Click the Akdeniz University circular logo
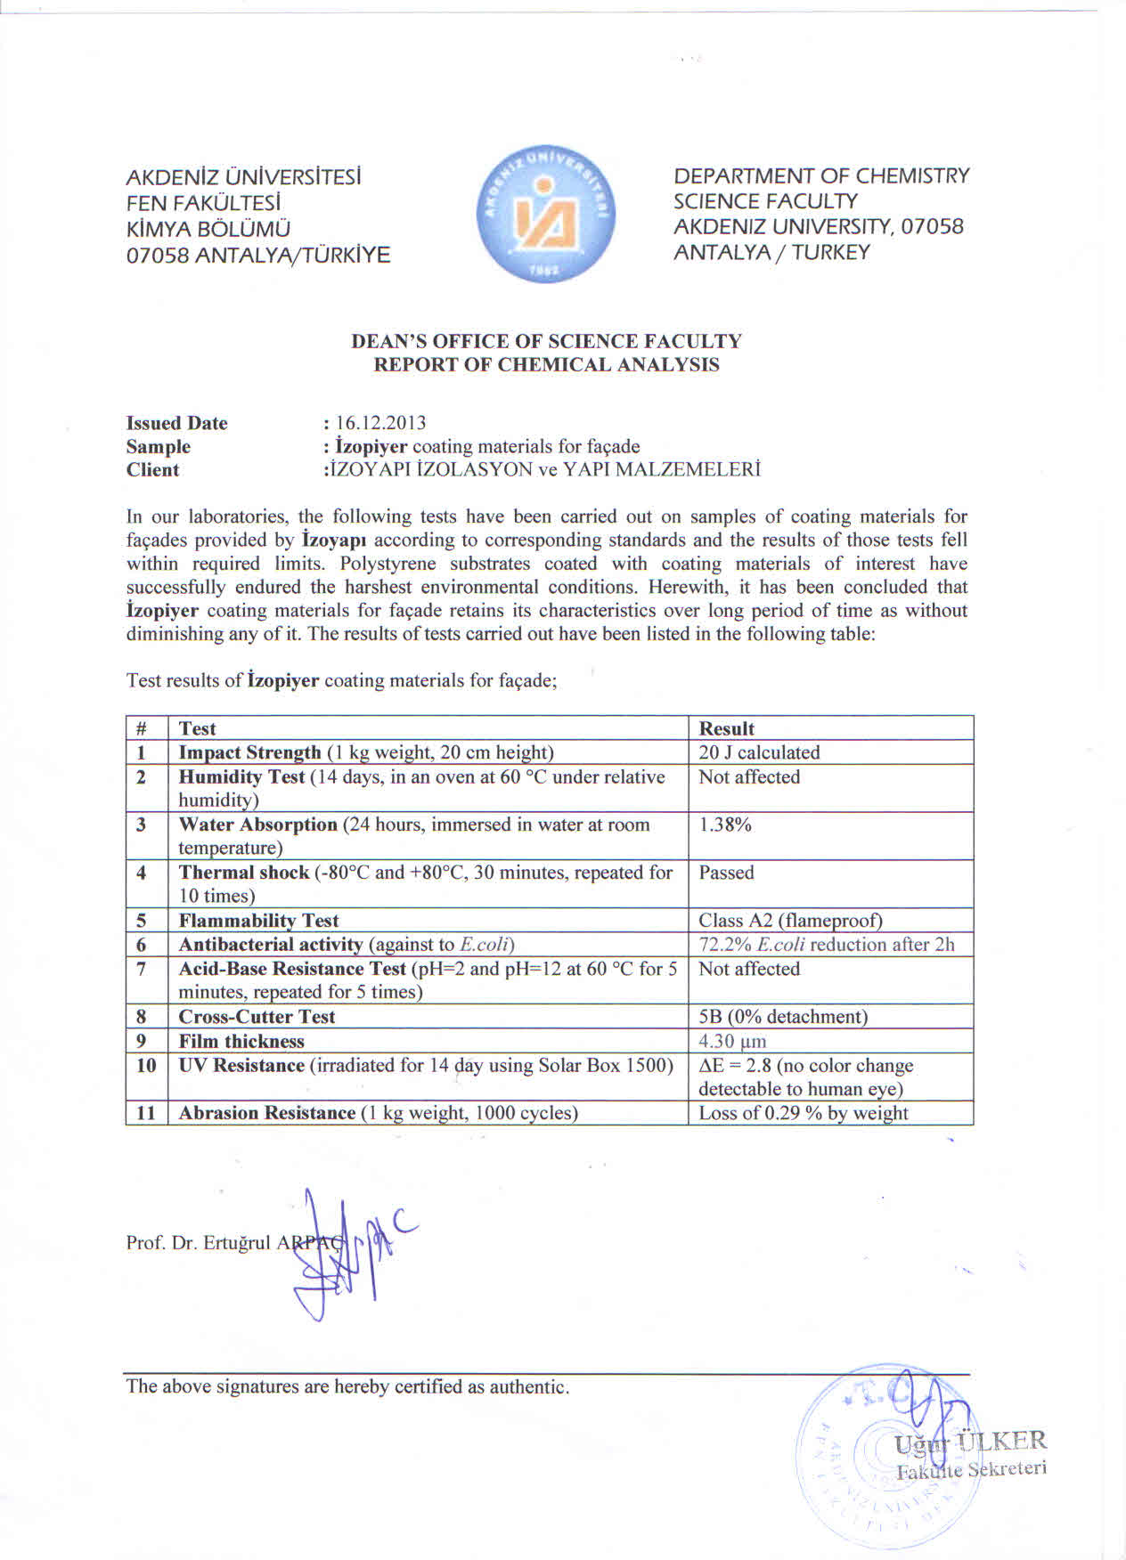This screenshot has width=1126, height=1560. (x=546, y=215)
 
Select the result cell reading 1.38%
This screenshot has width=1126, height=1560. (x=725, y=825)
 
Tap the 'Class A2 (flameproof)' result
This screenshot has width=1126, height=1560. (x=790, y=921)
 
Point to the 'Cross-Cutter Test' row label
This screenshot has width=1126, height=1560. (x=257, y=1017)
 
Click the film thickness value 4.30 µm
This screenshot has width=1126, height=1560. (x=732, y=1041)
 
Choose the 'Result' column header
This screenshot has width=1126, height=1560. (x=726, y=728)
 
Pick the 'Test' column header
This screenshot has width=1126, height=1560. (x=197, y=728)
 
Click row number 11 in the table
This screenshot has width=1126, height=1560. (x=146, y=1113)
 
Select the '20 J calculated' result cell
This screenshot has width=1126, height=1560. (x=759, y=752)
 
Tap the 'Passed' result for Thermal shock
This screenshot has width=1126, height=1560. (x=726, y=873)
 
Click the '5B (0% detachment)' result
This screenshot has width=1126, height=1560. (x=782, y=1017)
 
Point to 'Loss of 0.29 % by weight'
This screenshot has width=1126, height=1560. (x=803, y=1113)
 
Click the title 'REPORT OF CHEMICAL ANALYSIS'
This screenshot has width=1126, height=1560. (x=546, y=365)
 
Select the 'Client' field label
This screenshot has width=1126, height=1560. (x=152, y=470)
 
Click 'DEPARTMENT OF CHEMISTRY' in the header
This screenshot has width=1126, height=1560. (x=821, y=176)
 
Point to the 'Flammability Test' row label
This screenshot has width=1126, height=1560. (x=258, y=921)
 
